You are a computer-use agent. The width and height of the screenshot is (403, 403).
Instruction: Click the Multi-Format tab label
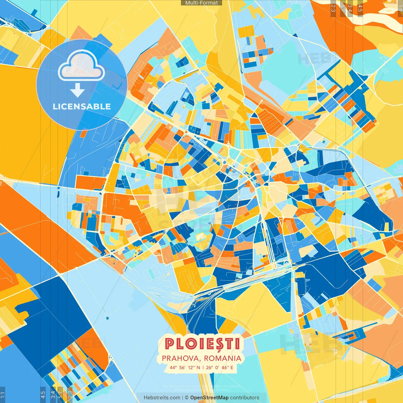[x=201, y=3]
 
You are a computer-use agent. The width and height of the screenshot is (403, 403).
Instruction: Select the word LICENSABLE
[x=82, y=106]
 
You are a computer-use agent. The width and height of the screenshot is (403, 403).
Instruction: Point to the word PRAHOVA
[x=181, y=358]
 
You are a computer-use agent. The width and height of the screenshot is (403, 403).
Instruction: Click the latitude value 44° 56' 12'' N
[x=185, y=367]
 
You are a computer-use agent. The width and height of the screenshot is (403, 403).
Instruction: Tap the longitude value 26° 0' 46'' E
[x=220, y=367]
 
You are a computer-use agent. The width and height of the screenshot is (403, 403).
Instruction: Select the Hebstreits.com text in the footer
[x=162, y=398]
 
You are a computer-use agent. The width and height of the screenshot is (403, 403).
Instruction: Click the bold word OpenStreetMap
[x=209, y=398]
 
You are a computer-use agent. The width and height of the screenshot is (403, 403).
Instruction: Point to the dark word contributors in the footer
[x=245, y=398]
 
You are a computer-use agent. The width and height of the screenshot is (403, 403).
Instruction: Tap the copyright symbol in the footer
[x=186, y=398]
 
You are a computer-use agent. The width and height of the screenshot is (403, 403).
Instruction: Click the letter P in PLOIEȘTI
[x=169, y=344]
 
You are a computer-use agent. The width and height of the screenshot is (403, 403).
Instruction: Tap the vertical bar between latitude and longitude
[x=203, y=367]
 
